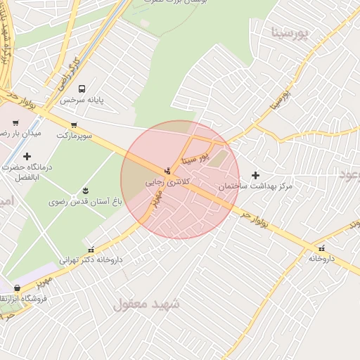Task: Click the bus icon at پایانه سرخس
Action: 82,89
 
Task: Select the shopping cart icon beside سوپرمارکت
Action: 73,124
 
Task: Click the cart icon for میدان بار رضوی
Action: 15,123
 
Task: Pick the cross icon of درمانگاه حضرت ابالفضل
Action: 27,156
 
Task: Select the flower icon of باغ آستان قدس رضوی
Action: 86,191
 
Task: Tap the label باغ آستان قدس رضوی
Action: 85,202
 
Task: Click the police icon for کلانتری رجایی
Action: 167,170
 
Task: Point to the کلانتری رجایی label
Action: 165,181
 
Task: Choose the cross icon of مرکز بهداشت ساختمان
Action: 255,175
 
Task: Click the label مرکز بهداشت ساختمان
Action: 255,186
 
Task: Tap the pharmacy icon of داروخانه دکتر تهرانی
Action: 90,249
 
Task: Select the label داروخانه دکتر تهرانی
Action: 91,259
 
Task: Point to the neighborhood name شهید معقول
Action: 146,304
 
